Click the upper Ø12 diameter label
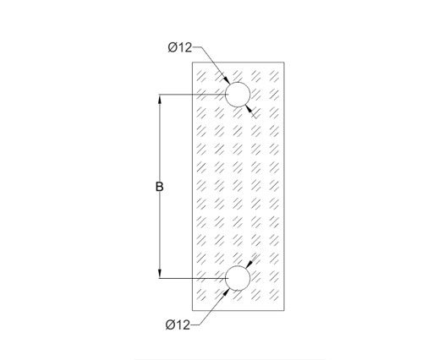(x=180, y=47)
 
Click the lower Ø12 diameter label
(x=178, y=325)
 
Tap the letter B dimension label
(x=160, y=187)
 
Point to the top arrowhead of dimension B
(x=160, y=99)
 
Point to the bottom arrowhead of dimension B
(x=160, y=274)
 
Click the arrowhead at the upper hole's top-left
(x=227, y=80)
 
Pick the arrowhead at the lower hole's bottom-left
(x=226, y=292)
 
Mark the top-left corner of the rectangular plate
(x=193, y=62)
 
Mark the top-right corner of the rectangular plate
(x=284, y=62)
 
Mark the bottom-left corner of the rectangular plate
(x=193, y=310)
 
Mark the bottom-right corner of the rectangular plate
(x=284, y=310)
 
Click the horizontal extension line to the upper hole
(x=193, y=95)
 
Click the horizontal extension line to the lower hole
(x=193, y=278)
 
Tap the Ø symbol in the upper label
(x=173, y=47)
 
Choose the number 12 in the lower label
(x=183, y=325)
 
